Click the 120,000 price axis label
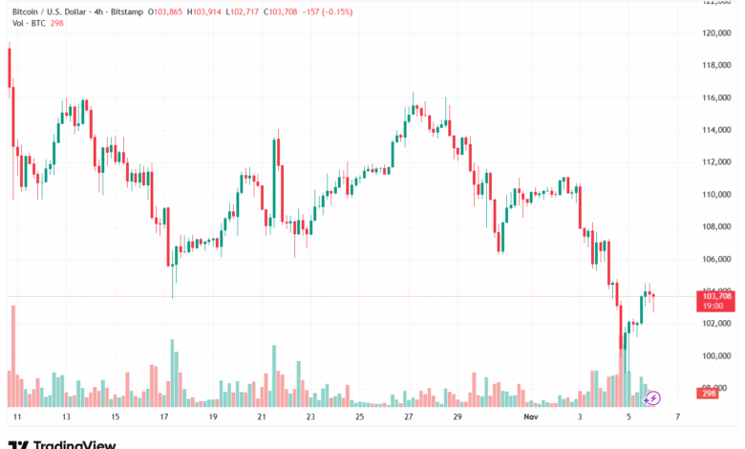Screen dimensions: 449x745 click(715, 32)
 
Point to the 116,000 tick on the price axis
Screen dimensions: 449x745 click(715, 97)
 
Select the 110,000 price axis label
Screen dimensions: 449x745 click(715, 194)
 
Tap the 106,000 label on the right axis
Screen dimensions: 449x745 click(715, 259)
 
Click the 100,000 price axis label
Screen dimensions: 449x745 click(715, 355)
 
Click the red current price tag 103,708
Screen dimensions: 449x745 click(716, 296)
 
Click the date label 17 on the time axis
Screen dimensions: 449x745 click(164, 417)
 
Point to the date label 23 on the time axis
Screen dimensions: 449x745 click(310, 417)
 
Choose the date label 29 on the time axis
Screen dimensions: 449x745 click(457, 417)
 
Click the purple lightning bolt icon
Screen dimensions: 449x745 click(653, 397)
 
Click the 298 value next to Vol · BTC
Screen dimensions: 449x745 click(56, 24)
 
